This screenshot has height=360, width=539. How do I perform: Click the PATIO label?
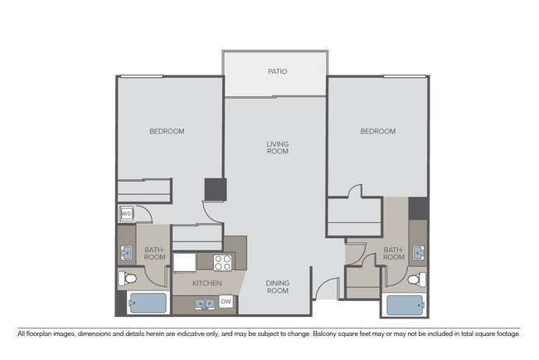tap(277, 72)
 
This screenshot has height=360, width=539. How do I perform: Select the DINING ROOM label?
tap(277, 286)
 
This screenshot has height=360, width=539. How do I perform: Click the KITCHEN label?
tap(206, 284)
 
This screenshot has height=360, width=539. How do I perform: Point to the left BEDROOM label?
tap(167, 131)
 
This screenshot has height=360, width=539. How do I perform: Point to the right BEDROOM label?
tap(378, 131)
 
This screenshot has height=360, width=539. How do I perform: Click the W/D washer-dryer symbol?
tap(127, 214)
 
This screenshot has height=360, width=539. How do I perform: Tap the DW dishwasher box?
tap(226, 300)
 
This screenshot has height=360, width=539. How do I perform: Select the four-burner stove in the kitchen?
tap(223, 262)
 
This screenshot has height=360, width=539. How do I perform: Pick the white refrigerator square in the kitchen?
tap(184, 262)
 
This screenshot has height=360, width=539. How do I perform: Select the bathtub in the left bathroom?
tap(148, 304)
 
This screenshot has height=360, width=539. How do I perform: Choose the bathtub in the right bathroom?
tap(403, 305)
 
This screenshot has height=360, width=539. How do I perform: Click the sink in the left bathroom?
tap(127, 252)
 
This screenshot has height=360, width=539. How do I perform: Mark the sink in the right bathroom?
tap(420, 252)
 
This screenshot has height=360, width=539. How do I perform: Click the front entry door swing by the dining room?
tap(328, 289)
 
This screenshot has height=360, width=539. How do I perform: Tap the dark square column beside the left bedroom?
tap(215, 189)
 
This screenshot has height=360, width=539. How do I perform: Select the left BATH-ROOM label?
tap(155, 253)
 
